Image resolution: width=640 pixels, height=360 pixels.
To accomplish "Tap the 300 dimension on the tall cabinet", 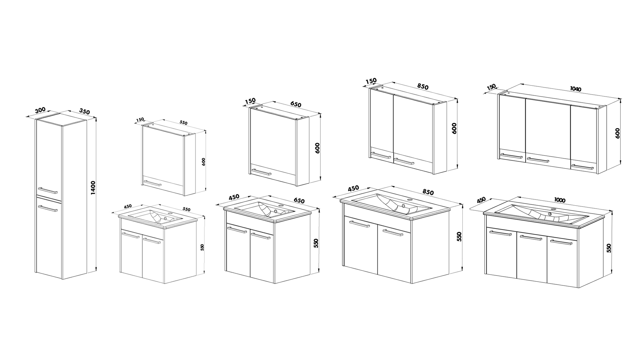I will click(40, 110).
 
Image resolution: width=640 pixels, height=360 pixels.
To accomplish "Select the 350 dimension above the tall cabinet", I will click(84, 111).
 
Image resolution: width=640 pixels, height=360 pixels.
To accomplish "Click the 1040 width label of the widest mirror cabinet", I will click(576, 89).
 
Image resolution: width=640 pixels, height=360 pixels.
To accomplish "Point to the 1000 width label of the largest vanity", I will click(560, 200).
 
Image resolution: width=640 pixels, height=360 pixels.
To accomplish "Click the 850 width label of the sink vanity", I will click(428, 192).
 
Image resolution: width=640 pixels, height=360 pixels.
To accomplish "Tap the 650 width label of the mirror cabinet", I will click(296, 104).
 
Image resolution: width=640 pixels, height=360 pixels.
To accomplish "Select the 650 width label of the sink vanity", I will click(299, 201).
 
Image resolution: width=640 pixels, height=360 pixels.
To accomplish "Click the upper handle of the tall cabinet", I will click(47, 190).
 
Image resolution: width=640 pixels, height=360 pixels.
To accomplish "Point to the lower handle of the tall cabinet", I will click(48, 209).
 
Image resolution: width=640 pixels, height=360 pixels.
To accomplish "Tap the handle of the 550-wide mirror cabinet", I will click(152, 183).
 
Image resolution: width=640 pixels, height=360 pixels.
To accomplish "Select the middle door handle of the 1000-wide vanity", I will click(531, 238).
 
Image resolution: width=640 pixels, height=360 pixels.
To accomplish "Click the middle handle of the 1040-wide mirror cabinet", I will click(538, 160).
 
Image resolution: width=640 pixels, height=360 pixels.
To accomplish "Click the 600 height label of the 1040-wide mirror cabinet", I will click(617, 133).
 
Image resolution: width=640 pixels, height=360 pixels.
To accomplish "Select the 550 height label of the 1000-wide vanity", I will click(609, 248).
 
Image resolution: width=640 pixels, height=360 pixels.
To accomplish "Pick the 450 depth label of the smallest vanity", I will click(128, 206).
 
